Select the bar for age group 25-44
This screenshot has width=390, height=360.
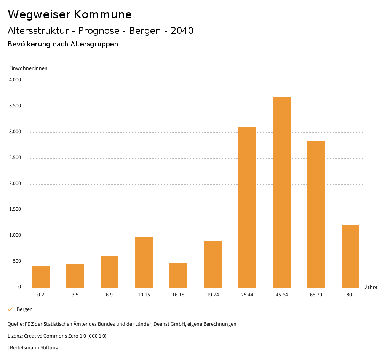tap(247, 207)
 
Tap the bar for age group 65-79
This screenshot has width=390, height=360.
tap(316, 214)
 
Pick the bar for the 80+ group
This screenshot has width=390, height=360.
tap(350, 256)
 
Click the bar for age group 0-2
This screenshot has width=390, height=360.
tap(41, 277)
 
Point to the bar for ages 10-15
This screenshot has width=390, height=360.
tap(144, 263)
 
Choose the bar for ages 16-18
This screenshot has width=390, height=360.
tap(178, 275)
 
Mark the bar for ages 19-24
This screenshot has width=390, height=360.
tap(213, 264)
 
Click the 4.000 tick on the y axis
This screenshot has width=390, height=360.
tap(15, 80)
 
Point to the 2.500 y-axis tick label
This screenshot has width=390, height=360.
tap(15, 158)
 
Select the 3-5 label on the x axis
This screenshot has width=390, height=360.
tap(75, 295)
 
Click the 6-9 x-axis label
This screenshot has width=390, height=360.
tap(109, 295)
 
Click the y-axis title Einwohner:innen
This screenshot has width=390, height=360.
tap(28, 68)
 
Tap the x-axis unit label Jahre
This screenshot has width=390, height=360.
tap(371, 287)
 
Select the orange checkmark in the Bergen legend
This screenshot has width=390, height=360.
tap(10, 309)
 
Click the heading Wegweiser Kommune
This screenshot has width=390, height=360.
tap(70, 14)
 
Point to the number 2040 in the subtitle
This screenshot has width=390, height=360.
tap(182, 31)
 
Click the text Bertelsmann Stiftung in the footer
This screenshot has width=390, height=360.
tap(34, 347)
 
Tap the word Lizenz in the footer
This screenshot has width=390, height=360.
tap(15, 336)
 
